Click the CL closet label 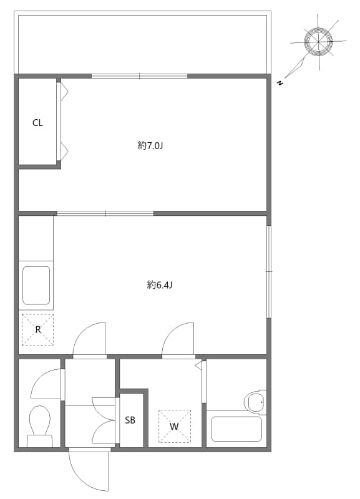coord(37,123)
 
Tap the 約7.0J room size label coord(150,146)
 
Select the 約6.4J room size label coord(160,285)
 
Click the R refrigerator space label coord(38,330)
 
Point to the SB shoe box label coord(130,420)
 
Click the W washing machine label coord(174,427)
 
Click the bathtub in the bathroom coord(236,429)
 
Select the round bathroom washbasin coord(256,402)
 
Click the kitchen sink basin coord(36,286)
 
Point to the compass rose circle coord(318,41)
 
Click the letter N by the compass coord(280,84)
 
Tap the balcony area coord(142,44)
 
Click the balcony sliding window coord(139,76)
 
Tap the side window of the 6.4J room coord(269,271)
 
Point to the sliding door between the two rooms coord(105,213)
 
